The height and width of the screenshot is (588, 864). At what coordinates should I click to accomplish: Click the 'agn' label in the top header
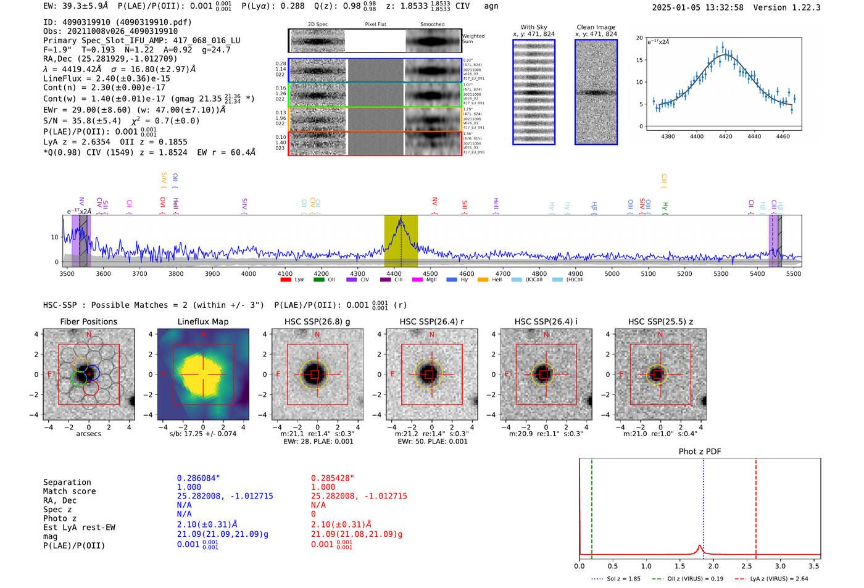click(x=491, y=6)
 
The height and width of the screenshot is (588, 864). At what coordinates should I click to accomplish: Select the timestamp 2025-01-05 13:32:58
click(x=697, y=7)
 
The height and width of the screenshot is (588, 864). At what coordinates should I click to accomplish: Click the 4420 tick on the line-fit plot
click(x=725, y=136)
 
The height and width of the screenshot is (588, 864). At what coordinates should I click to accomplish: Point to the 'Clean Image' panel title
click(x=596, y=27)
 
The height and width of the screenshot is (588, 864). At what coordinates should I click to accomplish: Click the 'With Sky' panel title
click(x=533, y=27)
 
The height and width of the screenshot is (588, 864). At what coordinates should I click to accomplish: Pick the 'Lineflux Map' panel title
click(x=202, y=321)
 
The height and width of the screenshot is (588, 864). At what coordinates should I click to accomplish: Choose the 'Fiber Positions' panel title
click(x=88, y=321)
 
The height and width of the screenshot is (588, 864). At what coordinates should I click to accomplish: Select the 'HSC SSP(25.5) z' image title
click(x=660, y=321)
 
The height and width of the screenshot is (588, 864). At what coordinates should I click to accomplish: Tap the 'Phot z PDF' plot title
click(x=700, y=451)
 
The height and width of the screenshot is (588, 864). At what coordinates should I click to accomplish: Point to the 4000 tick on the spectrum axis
click(x=248, y=273)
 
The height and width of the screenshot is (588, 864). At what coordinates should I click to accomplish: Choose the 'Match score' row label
click(x=69, y=491)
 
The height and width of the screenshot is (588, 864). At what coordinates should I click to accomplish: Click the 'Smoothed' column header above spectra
click(x=432, y=25)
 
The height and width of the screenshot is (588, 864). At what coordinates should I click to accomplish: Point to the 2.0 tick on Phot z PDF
click(x=713, y=566)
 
